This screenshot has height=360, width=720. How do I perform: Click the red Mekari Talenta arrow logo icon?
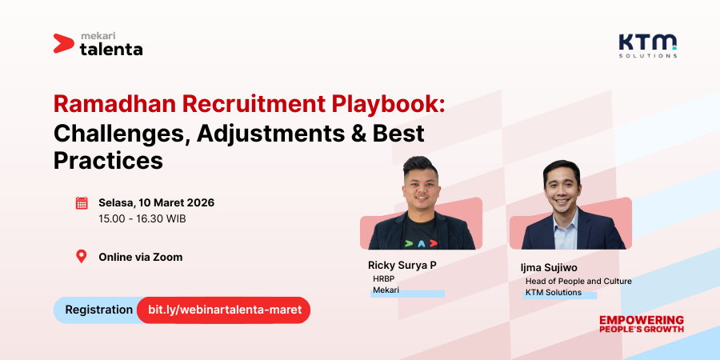(x=64, y=43)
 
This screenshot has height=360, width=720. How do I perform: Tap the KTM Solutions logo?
(x=647, y=45)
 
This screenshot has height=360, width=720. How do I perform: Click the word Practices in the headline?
(x=108, y=160)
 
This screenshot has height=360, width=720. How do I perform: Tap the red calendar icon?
(x=82, y=202)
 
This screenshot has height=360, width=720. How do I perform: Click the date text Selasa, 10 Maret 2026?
(x=156, y=202)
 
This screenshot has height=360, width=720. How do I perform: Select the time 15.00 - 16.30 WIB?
(x=142, y=218)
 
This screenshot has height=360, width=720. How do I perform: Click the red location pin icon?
(x=81, y=257)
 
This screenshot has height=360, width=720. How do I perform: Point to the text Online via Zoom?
(x=140, y=257)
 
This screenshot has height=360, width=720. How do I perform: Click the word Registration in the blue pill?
(x=98, y=310)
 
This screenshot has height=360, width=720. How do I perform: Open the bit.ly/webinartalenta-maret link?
(x=223, y=310)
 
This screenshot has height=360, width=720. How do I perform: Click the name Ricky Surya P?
(x=402, y=265)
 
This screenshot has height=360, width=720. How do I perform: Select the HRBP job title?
(x=385, y=278)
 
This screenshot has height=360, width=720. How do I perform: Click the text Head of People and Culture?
(x=578, y=282)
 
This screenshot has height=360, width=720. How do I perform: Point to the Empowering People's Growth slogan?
(x=642, y=323)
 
